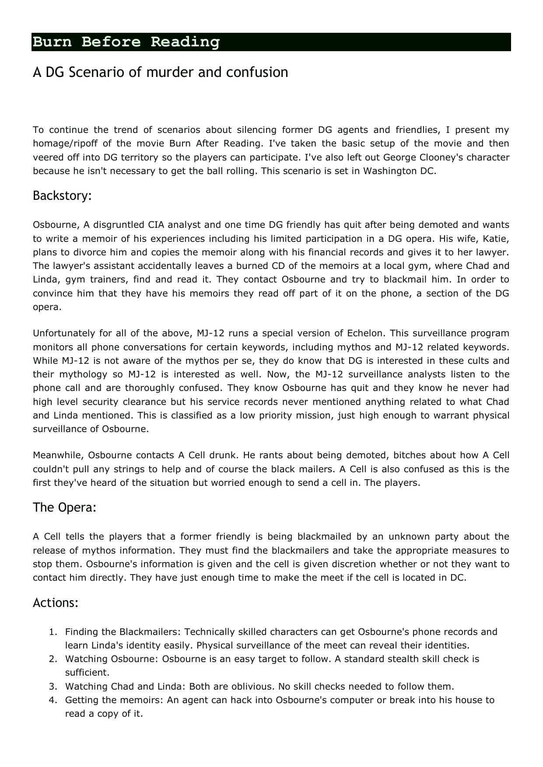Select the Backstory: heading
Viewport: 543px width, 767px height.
62,195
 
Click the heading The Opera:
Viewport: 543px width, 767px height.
64,507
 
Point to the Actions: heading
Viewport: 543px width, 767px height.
56,603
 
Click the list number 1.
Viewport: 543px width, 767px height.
52,632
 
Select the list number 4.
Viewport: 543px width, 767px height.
52,700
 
